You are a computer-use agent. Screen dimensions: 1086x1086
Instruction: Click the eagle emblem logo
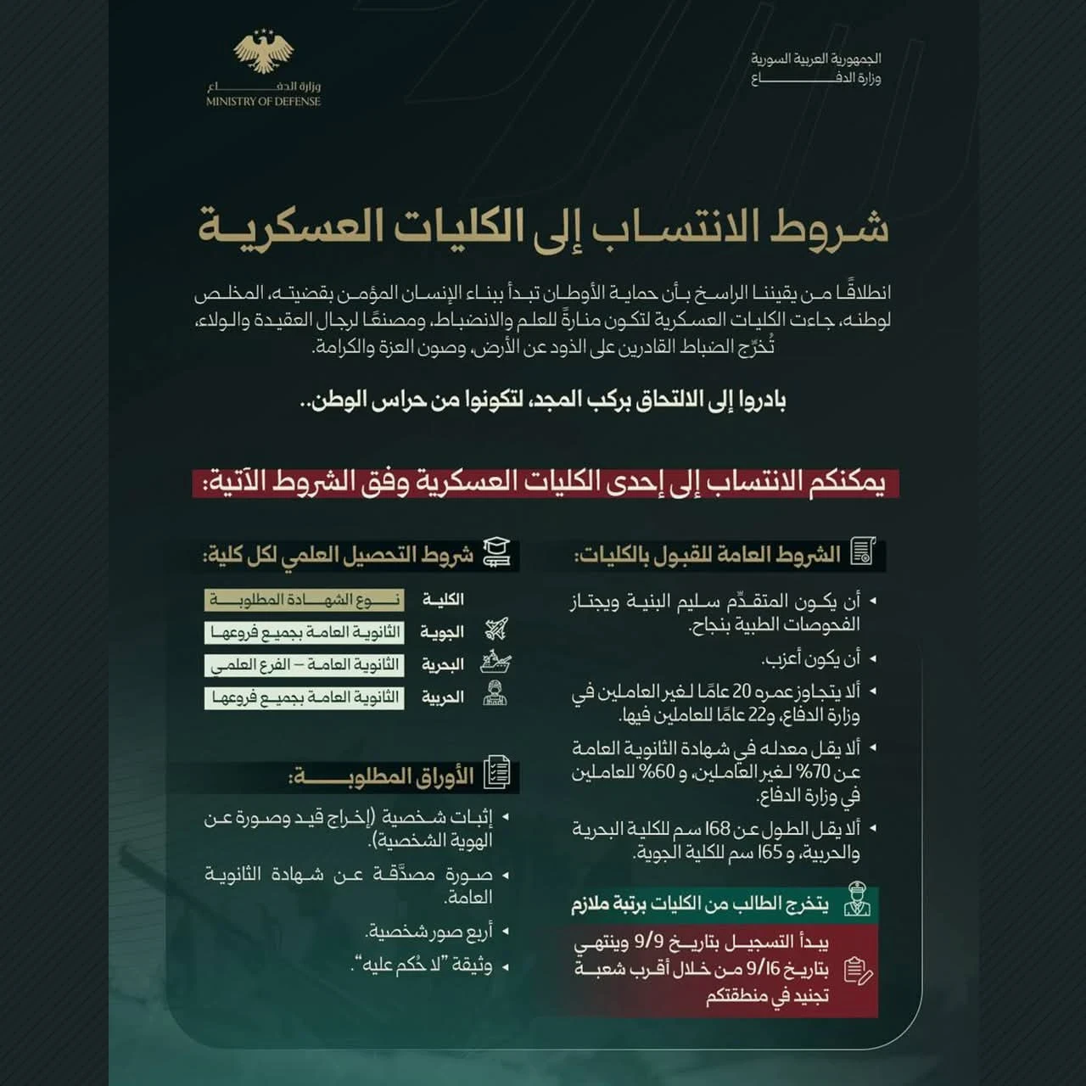tap(263, 53)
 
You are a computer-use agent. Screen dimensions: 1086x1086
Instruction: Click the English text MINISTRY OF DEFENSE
tap(263, 102)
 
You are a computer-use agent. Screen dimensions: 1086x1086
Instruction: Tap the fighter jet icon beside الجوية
tap(496, 630)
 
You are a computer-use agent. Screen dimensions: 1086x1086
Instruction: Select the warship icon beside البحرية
tap(495, 663)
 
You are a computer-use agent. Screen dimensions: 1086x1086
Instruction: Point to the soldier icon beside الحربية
tap(495, 695)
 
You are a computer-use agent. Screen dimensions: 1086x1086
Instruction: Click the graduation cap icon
tap(496, 553)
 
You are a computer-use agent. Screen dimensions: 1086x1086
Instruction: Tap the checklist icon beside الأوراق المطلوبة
tap(496, 773)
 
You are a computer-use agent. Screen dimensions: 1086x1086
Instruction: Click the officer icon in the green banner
tap(857, 901)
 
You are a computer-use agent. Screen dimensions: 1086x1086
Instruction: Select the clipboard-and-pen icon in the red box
tap(859, 970)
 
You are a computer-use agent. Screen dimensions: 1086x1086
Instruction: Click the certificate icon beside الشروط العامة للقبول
tap(863, 551)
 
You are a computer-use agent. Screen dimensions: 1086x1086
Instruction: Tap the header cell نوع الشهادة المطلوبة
tap(304, 600)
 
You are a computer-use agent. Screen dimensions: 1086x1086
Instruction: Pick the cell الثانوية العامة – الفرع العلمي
tap(304, 664)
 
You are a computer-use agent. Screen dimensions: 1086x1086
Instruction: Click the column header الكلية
tap(443, 600)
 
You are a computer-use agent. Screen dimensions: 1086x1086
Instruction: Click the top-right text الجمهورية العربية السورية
tap(815, 59)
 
